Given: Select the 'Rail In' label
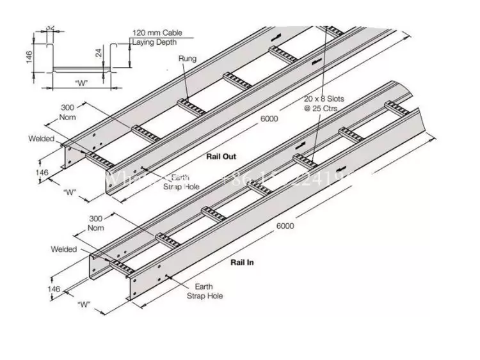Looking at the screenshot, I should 243,262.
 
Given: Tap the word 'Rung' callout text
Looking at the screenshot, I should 188,59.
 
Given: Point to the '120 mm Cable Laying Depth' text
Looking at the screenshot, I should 156,38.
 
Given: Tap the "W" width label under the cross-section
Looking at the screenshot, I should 81,82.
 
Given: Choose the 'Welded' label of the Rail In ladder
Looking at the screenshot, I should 64,249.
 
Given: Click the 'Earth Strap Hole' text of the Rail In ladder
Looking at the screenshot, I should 202,292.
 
